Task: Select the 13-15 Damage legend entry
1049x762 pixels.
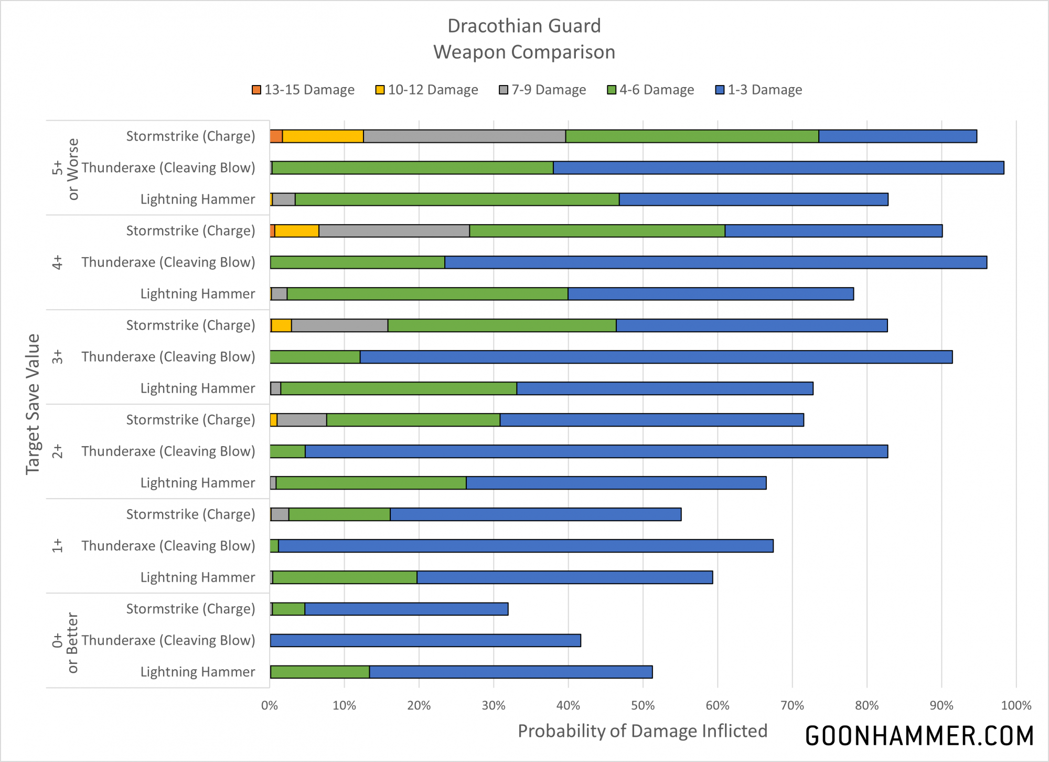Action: pyautogui.click(x=303, y=90)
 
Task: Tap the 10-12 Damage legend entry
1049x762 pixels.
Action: pyautogui.click(x=427, y=90)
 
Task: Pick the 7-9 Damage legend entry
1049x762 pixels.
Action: pyautogui.click(x=542, y=90)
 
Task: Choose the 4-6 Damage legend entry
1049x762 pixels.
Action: pyautogui.click(x=650, y=90)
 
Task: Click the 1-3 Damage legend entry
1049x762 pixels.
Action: pyautogui.click(x=759, y=90)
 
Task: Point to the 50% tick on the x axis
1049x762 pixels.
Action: pyautogui.click(x=643, y=705)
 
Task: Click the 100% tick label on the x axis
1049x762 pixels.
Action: pyautogui.click(x=1016, y=705)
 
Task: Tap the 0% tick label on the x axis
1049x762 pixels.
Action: pyautogui.click(x=270, y=705)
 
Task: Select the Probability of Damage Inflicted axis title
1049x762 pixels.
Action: pyautogui.click(x=643, y=731)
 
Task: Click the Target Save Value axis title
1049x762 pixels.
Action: pyautogui.click(x=33, y=404)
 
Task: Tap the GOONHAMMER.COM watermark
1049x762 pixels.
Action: pyautogui.click(x=919, y=736)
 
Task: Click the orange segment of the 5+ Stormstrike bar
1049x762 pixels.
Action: pyautogui.click(x=276, y=136)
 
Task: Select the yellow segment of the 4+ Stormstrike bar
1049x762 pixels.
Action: pyautogui.click(x=297, y=231)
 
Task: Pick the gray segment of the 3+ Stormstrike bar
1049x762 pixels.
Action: pyautogui.click(x=339, y=325)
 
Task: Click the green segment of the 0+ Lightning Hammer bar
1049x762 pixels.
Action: pyautogui.click(x=320, y=672)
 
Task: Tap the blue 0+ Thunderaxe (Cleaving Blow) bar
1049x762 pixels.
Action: pyautogui.click(x=425, y=640)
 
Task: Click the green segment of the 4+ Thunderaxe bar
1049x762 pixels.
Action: pyautogui.click(x=357, y=262)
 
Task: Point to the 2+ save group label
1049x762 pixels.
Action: pyautogui.click(x=57, y=451)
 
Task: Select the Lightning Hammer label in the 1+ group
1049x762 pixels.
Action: pyautogui.click(x=198, y=577)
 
